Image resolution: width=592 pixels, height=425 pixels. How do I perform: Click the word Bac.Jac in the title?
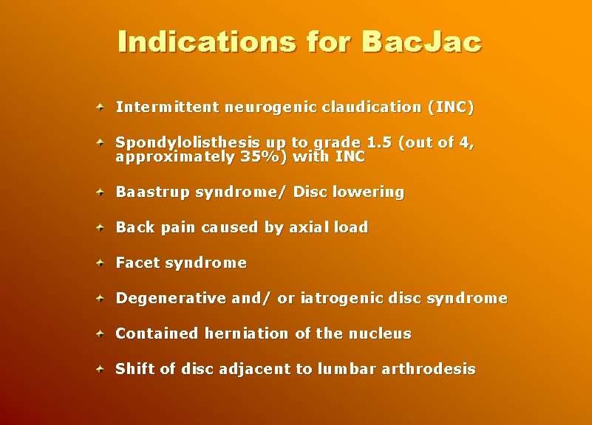click(x=421, y=41)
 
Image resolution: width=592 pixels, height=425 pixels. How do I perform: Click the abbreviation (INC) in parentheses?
click(x=451, y=107)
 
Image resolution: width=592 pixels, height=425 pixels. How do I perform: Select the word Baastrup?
click(x=153, y=193)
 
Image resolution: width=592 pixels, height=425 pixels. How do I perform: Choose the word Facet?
click(x=138, y=263)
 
